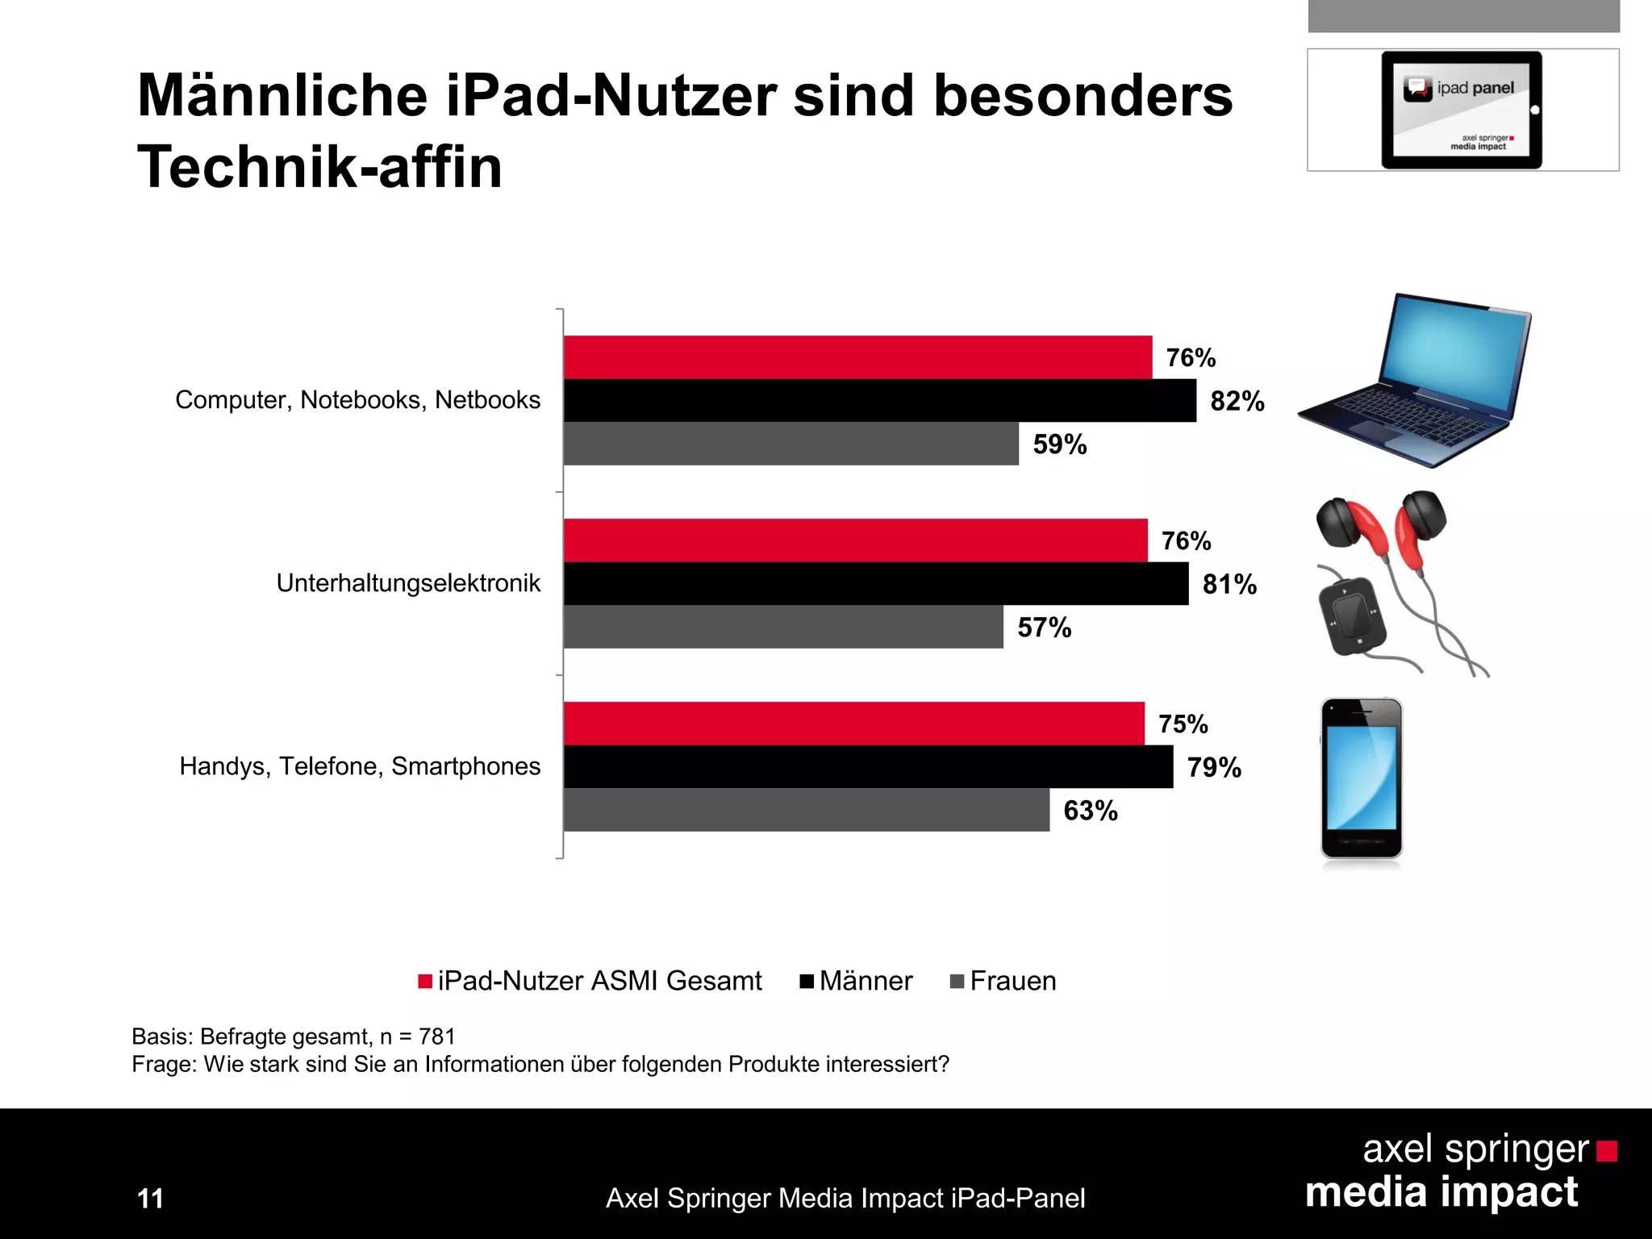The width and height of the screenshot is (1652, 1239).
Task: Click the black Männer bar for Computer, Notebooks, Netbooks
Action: point(879,401)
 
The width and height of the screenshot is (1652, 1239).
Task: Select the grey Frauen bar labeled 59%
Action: point(791,444)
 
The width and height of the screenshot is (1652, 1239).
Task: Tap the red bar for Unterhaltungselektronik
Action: point(855,540)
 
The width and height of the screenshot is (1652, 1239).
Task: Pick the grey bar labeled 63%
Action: point(807,810)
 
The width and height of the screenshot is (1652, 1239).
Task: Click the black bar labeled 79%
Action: point(868,767)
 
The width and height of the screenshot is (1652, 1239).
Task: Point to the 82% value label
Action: point(1237,401)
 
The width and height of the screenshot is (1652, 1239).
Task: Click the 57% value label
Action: point(1045,628)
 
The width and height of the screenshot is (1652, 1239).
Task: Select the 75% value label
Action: point(1183,724)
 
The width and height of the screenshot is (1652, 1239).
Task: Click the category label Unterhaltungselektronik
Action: point(408,583)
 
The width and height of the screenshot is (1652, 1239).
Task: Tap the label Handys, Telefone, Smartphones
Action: point(360,766)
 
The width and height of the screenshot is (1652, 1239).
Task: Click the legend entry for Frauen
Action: point(1004,981)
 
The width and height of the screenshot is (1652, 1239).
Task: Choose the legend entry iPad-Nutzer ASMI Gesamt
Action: point(590,981)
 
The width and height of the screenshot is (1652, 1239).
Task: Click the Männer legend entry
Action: point(857,981)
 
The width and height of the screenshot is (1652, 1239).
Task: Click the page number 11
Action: point(151,1199)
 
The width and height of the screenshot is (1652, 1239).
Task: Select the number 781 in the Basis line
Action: point(436,1037)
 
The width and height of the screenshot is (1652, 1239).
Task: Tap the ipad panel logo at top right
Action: point(1462,110)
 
